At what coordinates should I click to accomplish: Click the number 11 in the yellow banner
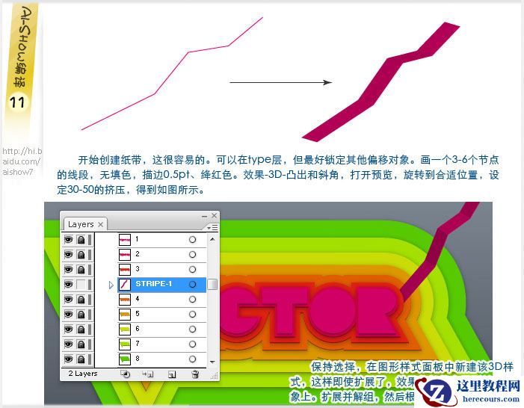18,102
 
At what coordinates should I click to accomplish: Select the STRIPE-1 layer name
153,284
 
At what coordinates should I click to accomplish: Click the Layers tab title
81,224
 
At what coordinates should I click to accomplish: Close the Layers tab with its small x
101,224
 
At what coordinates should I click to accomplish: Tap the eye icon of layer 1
68,240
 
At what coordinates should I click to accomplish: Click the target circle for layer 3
192,270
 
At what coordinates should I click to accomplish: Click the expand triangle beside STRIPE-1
111,285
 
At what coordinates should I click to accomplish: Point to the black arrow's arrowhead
327,82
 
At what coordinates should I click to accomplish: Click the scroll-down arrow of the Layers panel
212,361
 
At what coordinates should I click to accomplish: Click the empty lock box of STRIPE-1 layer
80,285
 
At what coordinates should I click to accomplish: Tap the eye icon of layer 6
68,330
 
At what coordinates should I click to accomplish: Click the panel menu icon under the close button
213,226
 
